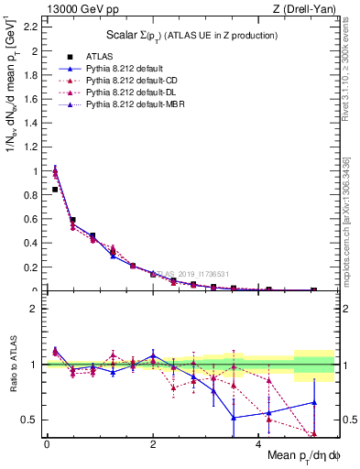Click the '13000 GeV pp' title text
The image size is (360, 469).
pyautogui.click(x=73, y=9)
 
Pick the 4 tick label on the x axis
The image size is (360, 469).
pyautogui.click(x=258, y=444)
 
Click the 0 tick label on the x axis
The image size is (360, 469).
pyautogui.click(x=47, y=444)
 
